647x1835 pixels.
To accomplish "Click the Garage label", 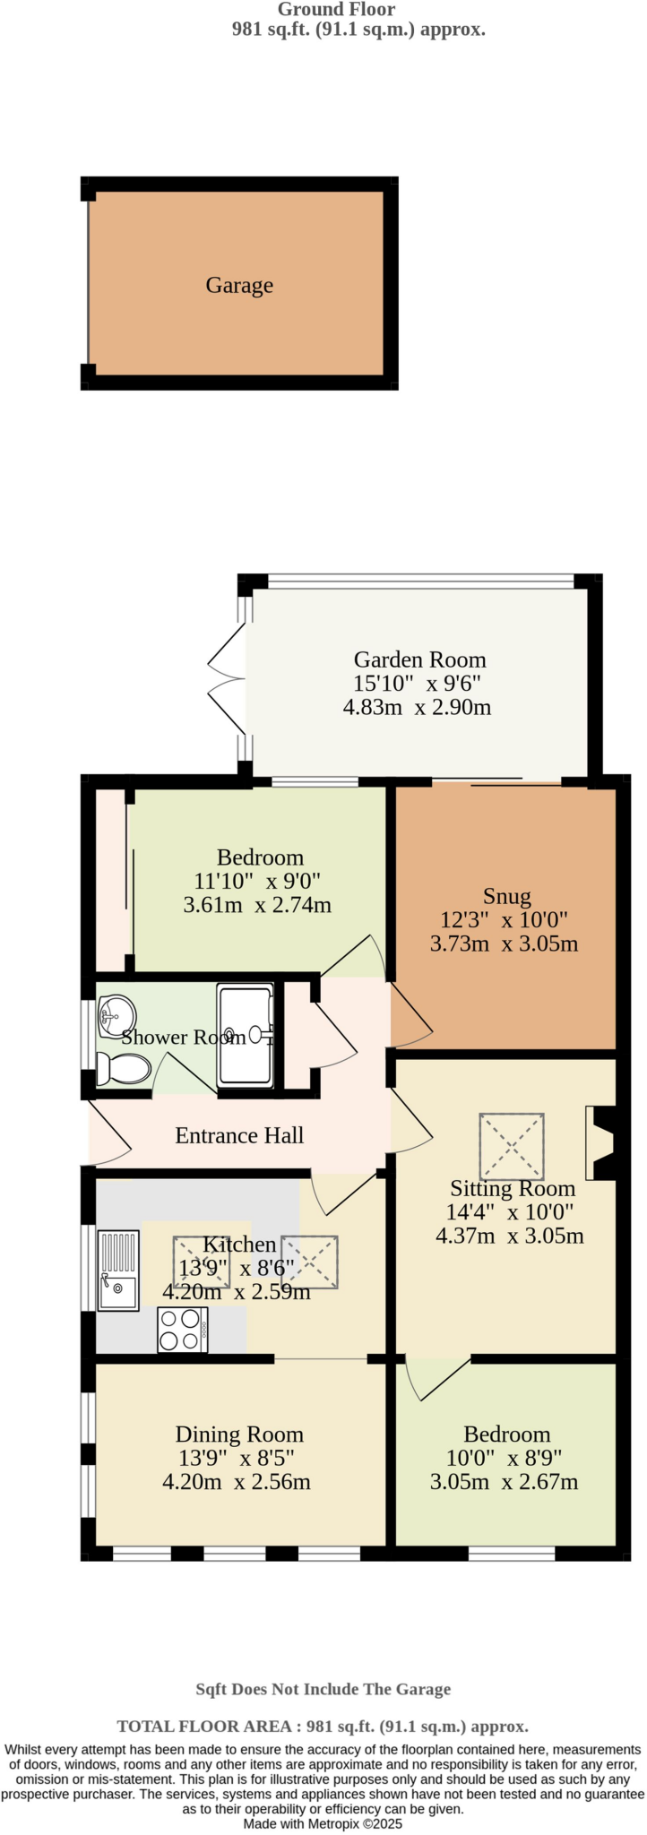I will pyautogui.click(x=239, y=285).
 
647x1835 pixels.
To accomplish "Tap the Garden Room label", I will pyautogui.click(x=419, y=659).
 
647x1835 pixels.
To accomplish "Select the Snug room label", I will pyautogui.click(x=506, y=896).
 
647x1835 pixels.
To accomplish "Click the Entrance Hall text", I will pyautogui.click(x=239, y=1135).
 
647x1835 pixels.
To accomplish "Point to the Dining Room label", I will pyautogui.click(x=239, y=1434).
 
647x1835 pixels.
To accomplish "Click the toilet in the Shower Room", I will pyautogui.click(x=125, y=1068).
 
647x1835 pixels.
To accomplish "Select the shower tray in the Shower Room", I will pyautogui.click(x=245, y=1035).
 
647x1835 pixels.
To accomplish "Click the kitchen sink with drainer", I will pyautogui.click(x=118, y=1270).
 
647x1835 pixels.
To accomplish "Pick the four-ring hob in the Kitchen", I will pyautogui.click(x=182, y=1330).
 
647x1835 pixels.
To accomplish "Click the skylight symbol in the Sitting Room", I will pyautogui.click(x=512, y=1146).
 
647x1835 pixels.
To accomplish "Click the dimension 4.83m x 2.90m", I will pyautogui.click(x=417, y=707).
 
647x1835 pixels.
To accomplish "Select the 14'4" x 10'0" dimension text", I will pyautogui.click(x=510, y=1212).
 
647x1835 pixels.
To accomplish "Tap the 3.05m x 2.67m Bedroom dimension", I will pyautogui.click(x=504, y=1482).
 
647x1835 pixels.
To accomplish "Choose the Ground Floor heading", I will pyautogui.click(x=336, y=10).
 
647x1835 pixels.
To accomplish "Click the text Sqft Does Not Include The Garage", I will pyautogui.click(x=323, y=1689).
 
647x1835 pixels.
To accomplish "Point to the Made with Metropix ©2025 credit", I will pyautogui.click(x=323, y=1823).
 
